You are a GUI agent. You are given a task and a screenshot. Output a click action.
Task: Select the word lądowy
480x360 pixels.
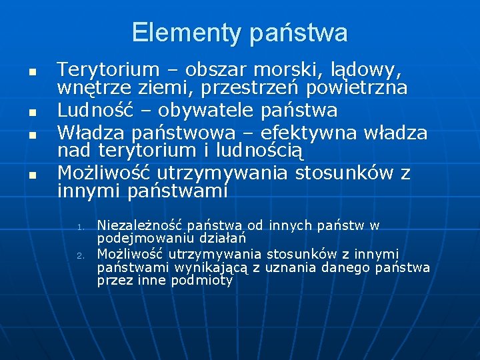coord(364,69)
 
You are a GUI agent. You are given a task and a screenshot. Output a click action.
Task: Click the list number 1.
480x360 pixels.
coord(79,227)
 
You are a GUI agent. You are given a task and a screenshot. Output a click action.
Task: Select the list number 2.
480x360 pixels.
coord(79,255)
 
